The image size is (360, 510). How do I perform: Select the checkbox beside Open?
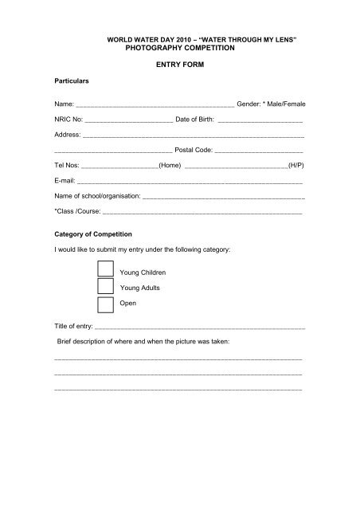tap(104, 304)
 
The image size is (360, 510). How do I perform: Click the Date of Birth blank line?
tap(260, 120)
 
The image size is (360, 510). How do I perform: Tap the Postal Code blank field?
tap(259, 150)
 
